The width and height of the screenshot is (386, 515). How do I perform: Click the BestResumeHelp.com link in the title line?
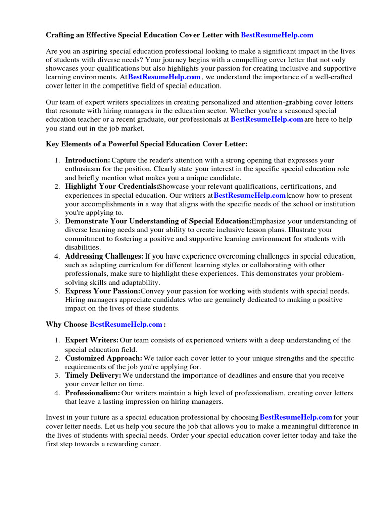(x=277, y=35)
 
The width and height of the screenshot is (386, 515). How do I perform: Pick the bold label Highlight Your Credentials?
(x=112, y=187)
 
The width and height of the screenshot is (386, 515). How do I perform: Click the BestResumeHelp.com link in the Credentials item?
(x=250, y=195)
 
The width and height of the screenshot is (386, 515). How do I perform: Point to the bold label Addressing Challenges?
(x=104, y=256)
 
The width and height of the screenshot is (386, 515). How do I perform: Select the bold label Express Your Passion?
(x=103, y=291)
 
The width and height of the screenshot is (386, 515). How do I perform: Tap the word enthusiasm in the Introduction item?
(x=85, y=169)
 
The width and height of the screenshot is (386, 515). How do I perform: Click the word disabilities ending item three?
(x=82, y=247)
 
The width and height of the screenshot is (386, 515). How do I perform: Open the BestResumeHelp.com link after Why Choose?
(x=126, y=325)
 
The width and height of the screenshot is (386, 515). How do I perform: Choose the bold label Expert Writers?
(x=92, y=340)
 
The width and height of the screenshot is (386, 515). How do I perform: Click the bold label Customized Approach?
(x=104, y=358)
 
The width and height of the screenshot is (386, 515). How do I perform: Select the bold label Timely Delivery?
(x=93, y=376)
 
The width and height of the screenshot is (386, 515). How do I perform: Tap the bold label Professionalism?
(x=92, y=393)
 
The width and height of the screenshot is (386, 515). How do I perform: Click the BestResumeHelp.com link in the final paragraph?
(x=296, y=417)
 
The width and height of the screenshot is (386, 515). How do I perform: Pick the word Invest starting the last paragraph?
(x=55, y=417)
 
